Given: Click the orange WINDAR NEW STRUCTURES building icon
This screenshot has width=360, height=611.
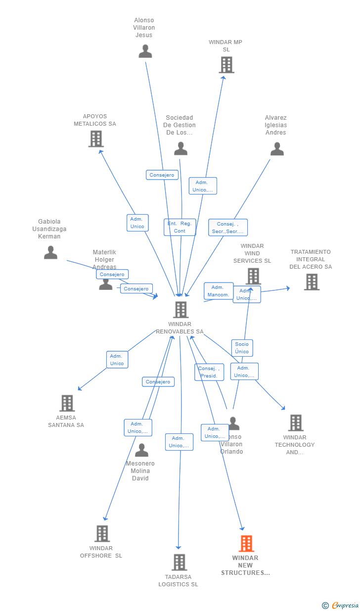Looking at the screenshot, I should pyautogui.click(x=246, y=543).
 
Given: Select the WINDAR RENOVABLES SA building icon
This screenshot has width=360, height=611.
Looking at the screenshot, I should pyautogui.click(x=180, y=310).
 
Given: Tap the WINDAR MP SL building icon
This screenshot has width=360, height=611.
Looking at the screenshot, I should pyautogui.click(x=226, y=65).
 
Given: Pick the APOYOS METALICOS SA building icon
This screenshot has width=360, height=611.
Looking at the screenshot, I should pyautogui.click(x=96, y=139).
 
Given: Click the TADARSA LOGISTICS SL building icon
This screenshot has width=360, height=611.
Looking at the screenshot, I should pyautogui.click(x=179, y=562).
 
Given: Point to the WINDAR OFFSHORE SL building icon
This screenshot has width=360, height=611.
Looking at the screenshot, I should pyautogui.click(x=102, y=533).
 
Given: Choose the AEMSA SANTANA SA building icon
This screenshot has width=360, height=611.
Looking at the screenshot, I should pyautogui.click(x=67, y=403).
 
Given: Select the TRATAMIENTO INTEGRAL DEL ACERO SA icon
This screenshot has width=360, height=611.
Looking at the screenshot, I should pyautogui.click(x=312, y=282).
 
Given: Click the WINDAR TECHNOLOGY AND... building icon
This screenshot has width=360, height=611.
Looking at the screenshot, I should pyautogui.click(x=296, y=423).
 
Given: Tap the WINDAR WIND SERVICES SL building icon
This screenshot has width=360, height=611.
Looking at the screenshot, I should pyautogui.click(x=253, y=276).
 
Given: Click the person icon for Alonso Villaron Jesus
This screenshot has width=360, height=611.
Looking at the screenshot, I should pyautogui.click(x=145, y=51).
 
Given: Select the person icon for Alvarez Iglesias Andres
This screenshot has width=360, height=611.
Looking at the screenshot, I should pyautogui.click(x=277, y=148).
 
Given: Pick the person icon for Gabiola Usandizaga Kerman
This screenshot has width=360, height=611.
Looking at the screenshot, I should pyautogui.click(x=50, y=252).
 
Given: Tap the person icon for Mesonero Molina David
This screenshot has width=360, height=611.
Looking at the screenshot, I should pyautogui.click(x=141, y=450).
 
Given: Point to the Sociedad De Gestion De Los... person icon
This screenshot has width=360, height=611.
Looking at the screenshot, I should pyautogui.click(x=180, y=148).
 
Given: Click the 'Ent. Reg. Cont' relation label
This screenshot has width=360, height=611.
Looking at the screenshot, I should pyautogui.click(x=180, y=227).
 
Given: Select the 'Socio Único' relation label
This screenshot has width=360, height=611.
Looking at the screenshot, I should pyautogui.click(x=242, y=348).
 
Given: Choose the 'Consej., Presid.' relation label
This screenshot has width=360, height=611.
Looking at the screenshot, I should pyautogui.click(x=209, y=372).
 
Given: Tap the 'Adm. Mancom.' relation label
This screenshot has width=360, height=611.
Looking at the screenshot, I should pyautogui.click(x=218, y=291).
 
